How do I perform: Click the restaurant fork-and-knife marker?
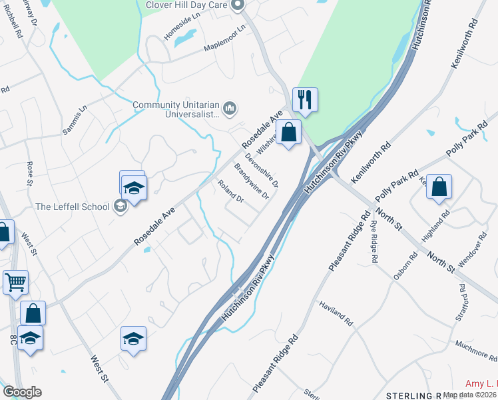tap(305, 100)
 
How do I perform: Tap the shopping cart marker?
tap(15, 282)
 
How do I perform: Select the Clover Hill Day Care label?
tap(188, 5)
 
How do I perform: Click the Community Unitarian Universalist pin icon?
tap(230, 107)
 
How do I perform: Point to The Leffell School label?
tap(72, 207)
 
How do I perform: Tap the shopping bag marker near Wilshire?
tap(289, 133)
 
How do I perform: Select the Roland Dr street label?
tap(231, 191)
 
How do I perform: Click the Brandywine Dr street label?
tap(251, 181)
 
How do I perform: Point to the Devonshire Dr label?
tap(261, 169)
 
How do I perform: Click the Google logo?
tap(22, 392)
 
